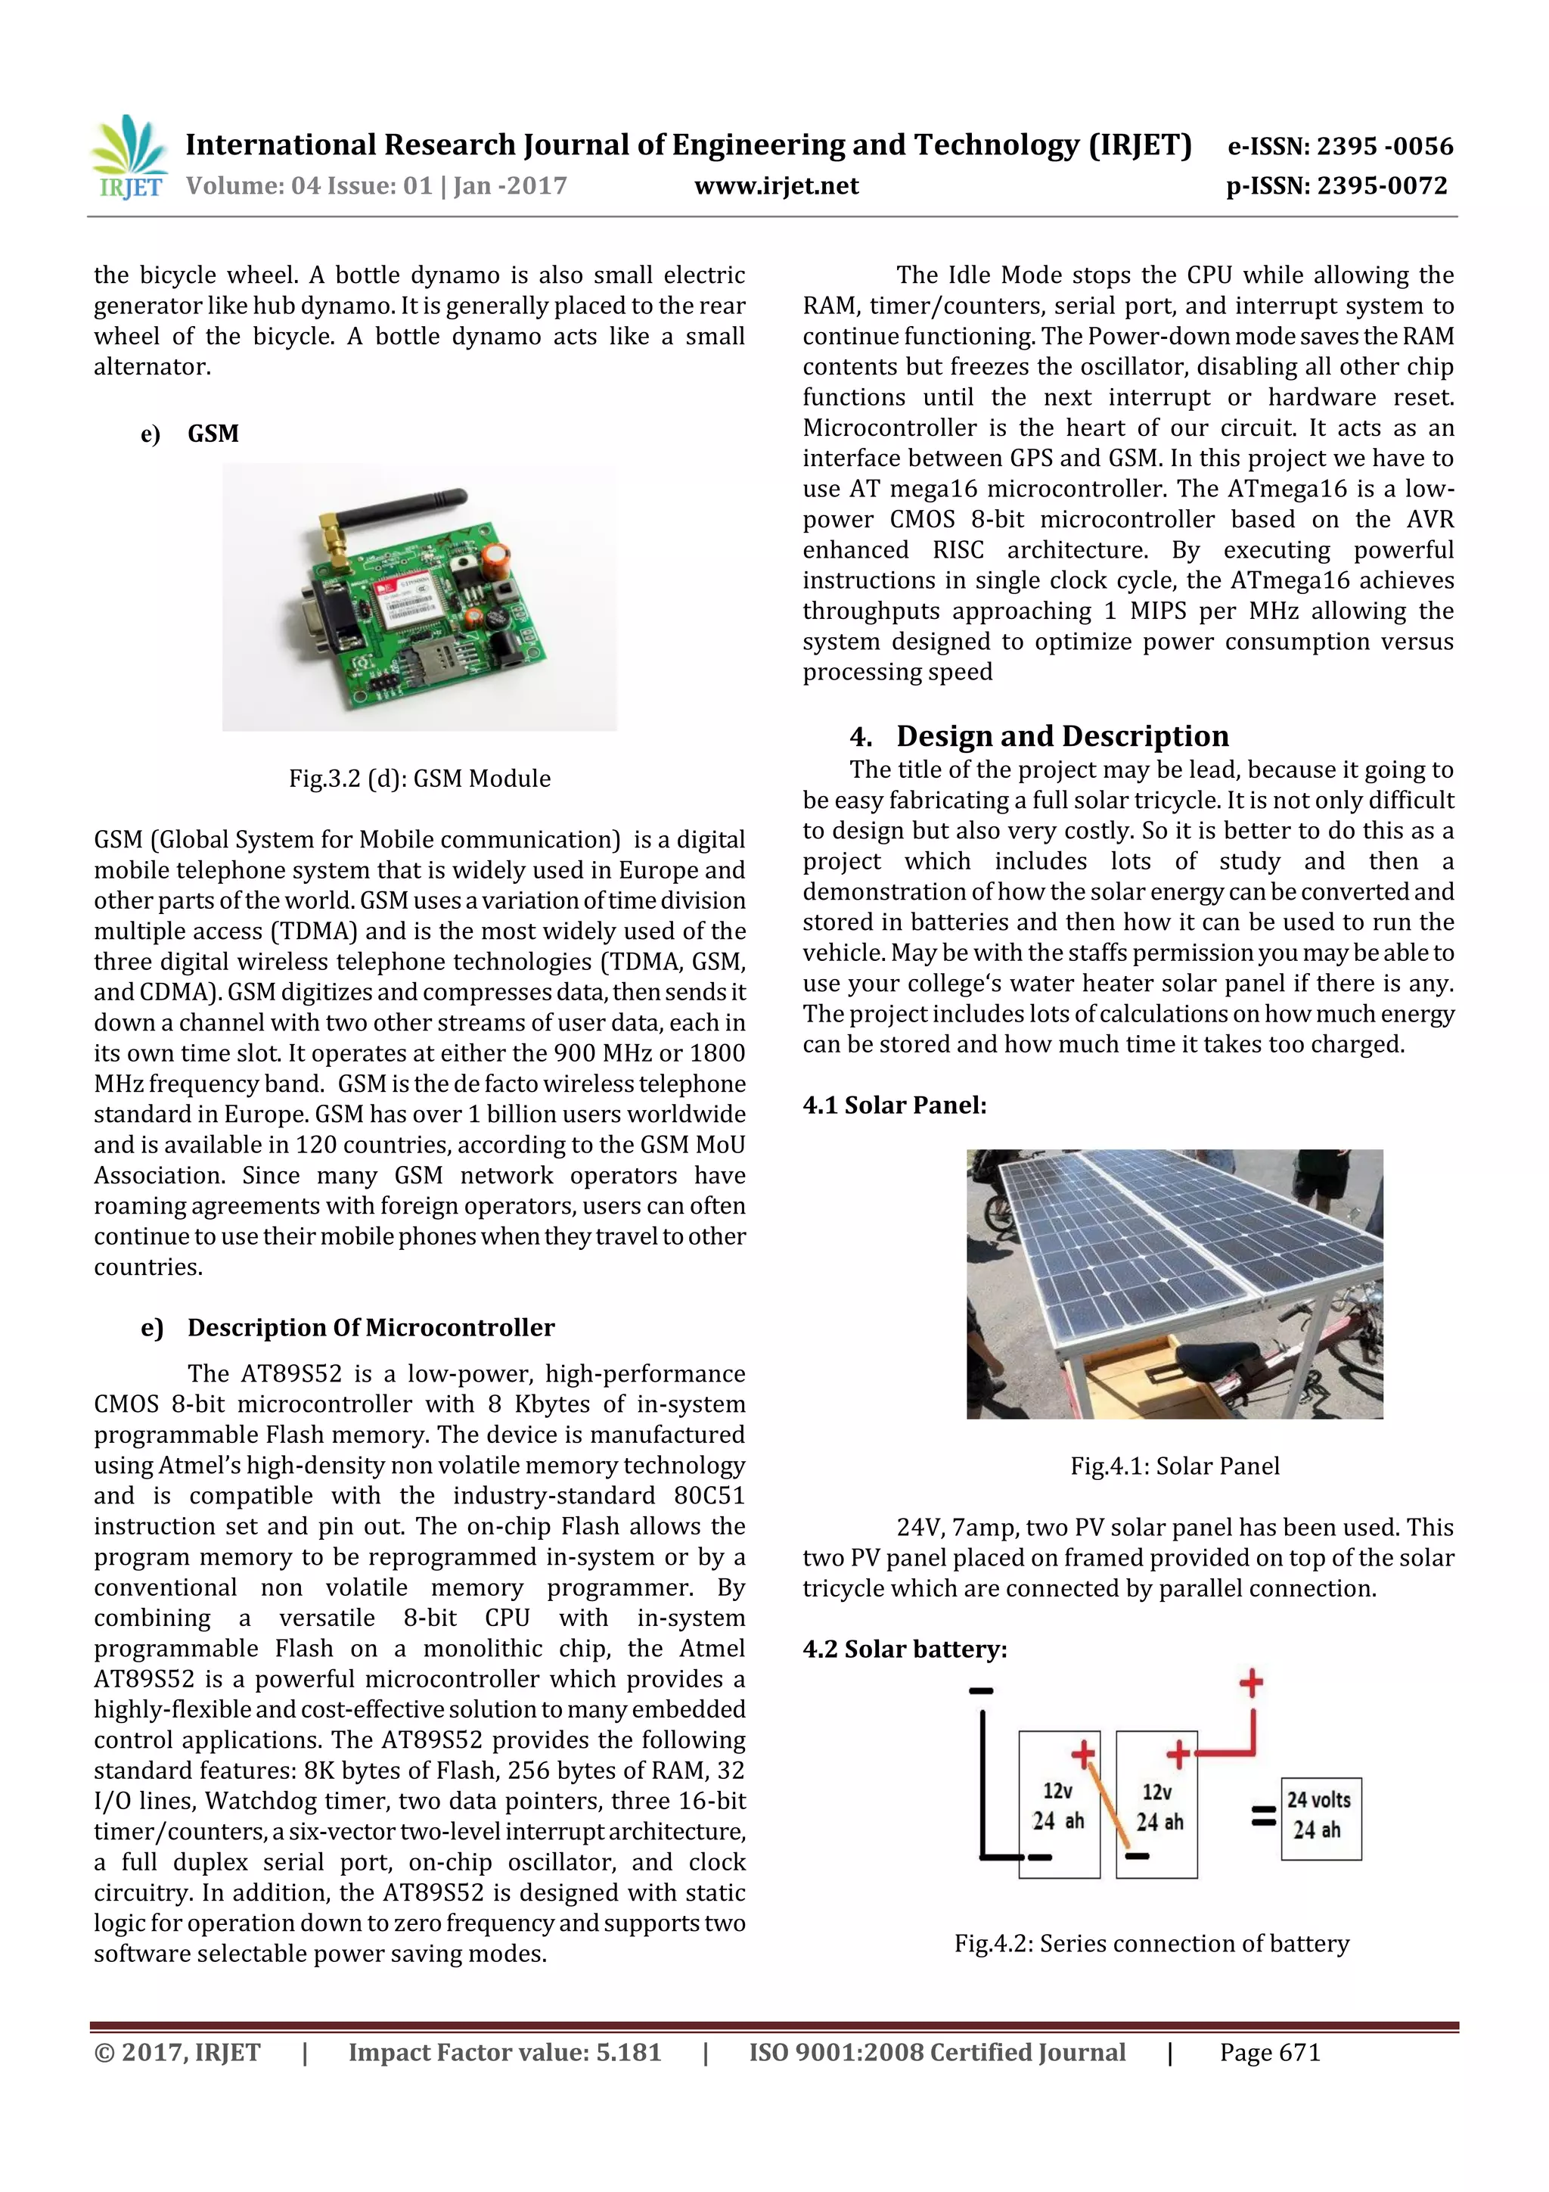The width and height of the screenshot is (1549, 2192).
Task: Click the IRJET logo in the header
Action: click(129, 157)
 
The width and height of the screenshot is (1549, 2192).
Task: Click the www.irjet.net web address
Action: click(776, 186)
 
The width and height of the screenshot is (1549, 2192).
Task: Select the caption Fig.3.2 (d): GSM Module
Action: click(419, 778)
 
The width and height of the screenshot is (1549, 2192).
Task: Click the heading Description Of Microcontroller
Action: click(371, 1327)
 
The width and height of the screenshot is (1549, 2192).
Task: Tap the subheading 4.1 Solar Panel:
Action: click(894, 1105)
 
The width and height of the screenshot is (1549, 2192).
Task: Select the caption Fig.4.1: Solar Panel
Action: click(1174, 1466)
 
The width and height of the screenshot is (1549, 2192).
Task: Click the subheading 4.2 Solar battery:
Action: click(904, 1649)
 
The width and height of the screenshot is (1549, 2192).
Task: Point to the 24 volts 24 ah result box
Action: click(1320, 1819)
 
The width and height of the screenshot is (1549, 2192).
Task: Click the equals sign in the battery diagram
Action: click(1262, 1816)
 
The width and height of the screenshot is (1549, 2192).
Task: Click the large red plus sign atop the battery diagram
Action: click(1250, 1683)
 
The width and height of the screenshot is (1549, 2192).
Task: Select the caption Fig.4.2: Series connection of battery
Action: click(1151, 1944)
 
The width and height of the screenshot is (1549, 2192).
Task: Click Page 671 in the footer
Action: click(1269, 2053)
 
